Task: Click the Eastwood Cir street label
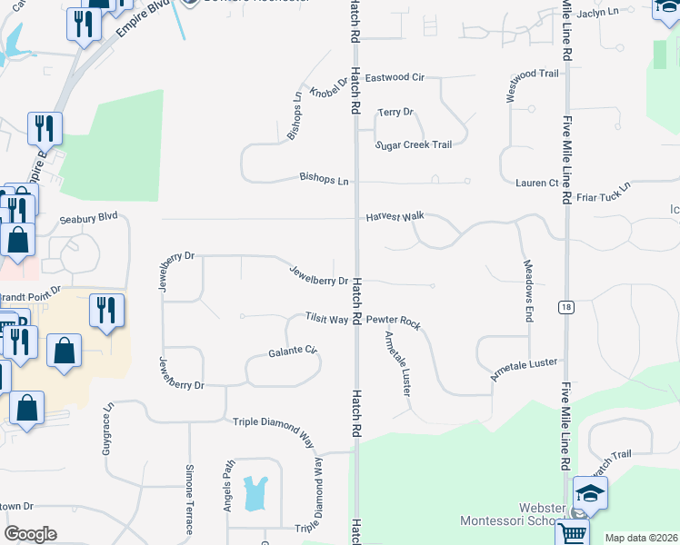coord(395,78)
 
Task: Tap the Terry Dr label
coord(395,112)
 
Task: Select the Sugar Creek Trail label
coord(414,144)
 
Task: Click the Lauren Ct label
coord(536,183)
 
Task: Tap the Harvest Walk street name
coord(395,217)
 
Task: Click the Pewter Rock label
coord(394,322)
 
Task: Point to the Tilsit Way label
coord(326,319)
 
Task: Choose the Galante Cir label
coord(292,351)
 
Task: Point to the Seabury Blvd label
coord(89,219)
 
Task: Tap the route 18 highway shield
coord(566,307)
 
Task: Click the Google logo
coord(30,534)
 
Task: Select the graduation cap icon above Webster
coord(590,494)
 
